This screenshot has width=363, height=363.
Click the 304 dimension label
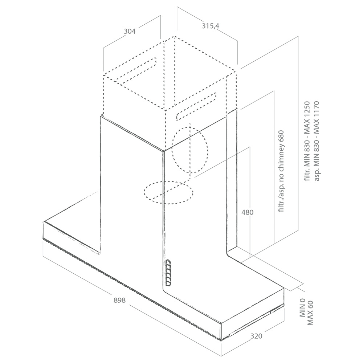pyautogui.click(x=130, y=31)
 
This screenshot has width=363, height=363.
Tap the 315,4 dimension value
pyautogui.click(x=210, y=26)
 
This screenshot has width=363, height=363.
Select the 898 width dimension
pyautogui.click(x=119, y=300)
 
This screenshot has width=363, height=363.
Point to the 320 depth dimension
pyautogui.click(x=256, y=336)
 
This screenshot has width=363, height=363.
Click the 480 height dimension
pyautogui.click(x=247, y=212)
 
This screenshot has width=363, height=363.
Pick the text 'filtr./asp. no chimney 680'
pyautogui.click(x=281, y=171)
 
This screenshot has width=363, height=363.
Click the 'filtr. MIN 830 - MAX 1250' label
pyautogui.click(x=307, y=141)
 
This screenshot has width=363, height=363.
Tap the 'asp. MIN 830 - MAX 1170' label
pyautogui.click(x=317, y=141)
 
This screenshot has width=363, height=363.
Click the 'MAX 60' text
pyautogui.click(x=310, y=313)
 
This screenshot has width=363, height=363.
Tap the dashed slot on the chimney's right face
pyautogui.click(x=197, y=106)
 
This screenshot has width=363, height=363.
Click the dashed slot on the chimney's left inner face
pyautogui.click(x=136, y=70)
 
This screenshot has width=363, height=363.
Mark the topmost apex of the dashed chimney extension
pyautogui.click(x=175, y=36)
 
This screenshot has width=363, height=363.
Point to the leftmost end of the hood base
pyautogui.click(x=43, y=231)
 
